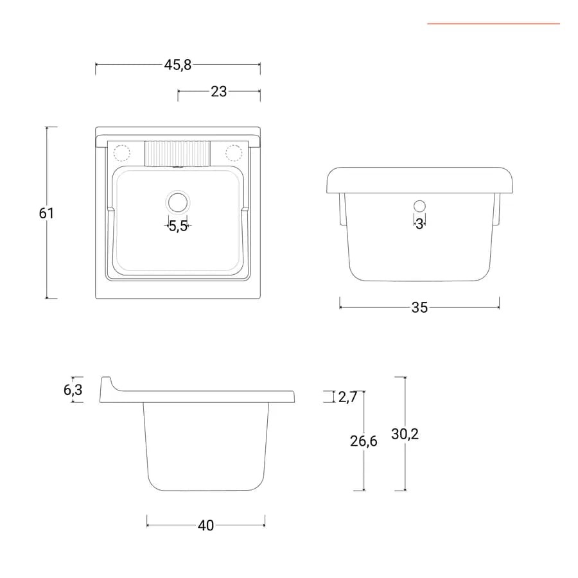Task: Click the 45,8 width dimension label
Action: tap(178, 65)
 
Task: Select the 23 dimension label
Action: tap(218, 91)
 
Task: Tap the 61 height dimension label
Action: tap(46, 213)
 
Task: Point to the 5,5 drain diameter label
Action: tap(178, 226)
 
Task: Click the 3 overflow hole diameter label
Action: tap(419, 223)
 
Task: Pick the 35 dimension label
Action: tap(419, 308)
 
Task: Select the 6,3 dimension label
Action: tap(73, 390)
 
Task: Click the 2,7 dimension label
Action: tap(347, 397)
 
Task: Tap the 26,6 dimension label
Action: tap(363, 441)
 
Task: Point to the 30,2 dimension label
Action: tap(405, 434)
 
